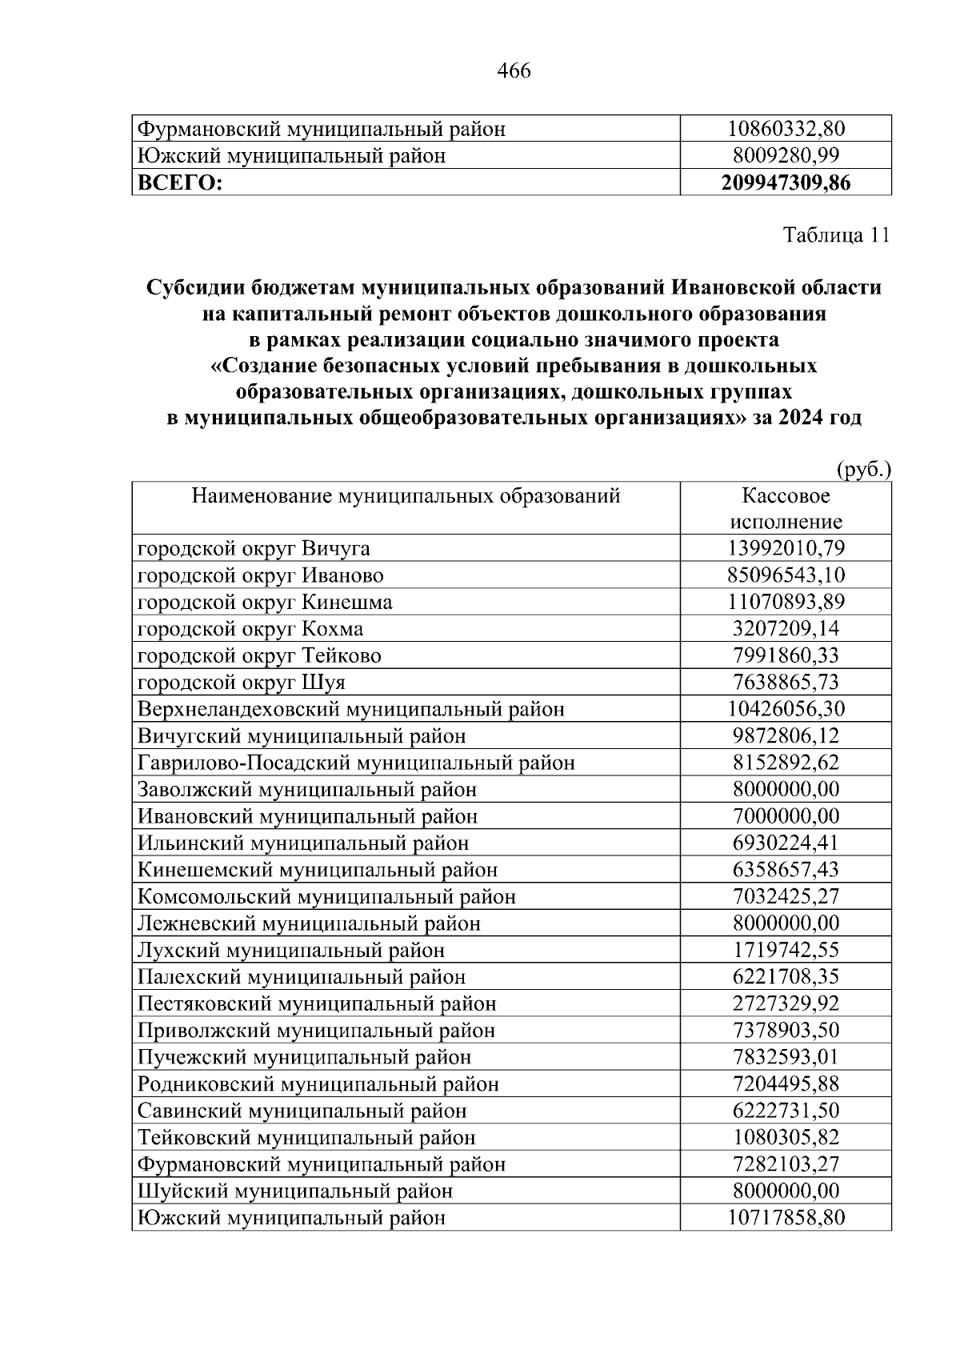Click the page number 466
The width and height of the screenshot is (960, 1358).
[514, 71]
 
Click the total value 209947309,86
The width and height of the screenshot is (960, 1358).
[786, 183]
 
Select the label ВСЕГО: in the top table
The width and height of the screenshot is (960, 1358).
[180, 183]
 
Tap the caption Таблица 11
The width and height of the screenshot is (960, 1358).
[836, 235]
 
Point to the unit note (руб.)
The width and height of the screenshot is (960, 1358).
[863, 469]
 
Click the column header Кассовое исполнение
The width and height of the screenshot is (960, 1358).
[786, 509]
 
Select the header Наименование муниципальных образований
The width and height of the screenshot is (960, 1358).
[406, 496]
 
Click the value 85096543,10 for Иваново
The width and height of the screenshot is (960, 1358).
[786, 575]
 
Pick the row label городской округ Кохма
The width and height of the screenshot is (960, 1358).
[250, 629]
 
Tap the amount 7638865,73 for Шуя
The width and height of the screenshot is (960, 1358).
[786, 683]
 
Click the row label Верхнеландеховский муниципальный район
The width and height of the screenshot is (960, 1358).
[351, 710]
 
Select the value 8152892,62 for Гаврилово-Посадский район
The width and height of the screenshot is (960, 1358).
[786, 763]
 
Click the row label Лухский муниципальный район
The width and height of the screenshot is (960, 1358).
[291, 951]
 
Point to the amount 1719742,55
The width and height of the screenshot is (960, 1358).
[786, 951]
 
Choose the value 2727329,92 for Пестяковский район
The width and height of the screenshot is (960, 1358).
[786, 1003]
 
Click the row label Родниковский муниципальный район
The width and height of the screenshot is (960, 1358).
[318, 1084]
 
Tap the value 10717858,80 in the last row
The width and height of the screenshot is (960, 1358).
[786, 1218]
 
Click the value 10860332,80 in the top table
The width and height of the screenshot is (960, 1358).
[786, 129]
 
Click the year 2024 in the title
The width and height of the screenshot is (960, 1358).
[802, 419]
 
